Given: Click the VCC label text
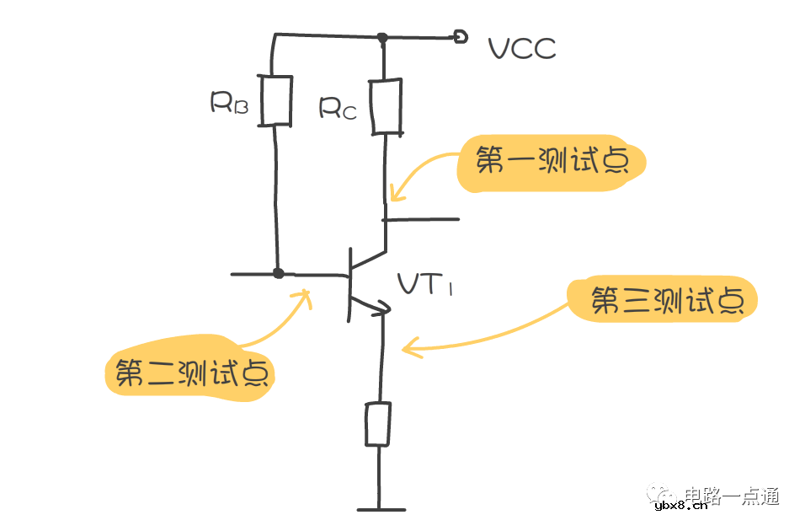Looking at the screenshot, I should point(522,49).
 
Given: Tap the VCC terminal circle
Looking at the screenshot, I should point(460,36).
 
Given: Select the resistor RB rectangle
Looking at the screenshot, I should point(276,100).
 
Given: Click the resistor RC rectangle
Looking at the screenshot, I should point(386,106).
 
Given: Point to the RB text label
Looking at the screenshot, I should point(228,104).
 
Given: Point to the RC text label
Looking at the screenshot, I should point(338,109).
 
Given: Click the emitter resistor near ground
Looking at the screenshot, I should point(378,424).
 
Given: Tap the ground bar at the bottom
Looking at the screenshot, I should point(381,509).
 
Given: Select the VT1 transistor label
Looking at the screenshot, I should point(425,286).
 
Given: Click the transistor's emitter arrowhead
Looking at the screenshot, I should point(382,308).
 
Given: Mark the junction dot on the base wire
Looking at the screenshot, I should point(279,273).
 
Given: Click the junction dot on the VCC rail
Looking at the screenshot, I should point(382,37).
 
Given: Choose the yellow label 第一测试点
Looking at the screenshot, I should point(551,163).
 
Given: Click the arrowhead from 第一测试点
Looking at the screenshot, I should point(396,199).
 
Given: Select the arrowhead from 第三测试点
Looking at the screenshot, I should point(408,347).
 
